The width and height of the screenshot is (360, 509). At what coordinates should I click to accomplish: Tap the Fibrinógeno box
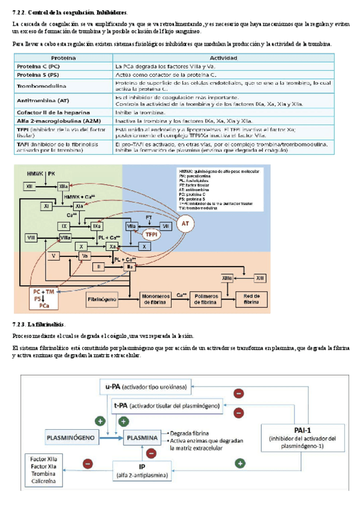105,298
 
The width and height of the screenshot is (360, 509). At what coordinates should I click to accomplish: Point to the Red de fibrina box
248,299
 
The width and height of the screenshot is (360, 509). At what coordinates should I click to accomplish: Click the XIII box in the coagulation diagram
259,279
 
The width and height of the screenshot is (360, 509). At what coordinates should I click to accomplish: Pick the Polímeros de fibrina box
204,299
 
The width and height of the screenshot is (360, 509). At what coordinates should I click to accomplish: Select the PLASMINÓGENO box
71,438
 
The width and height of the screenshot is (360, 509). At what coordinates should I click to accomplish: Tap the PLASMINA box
143,438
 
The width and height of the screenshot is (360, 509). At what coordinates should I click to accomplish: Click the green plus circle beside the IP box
239,463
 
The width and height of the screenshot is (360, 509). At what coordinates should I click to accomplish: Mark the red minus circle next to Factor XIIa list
88,464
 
